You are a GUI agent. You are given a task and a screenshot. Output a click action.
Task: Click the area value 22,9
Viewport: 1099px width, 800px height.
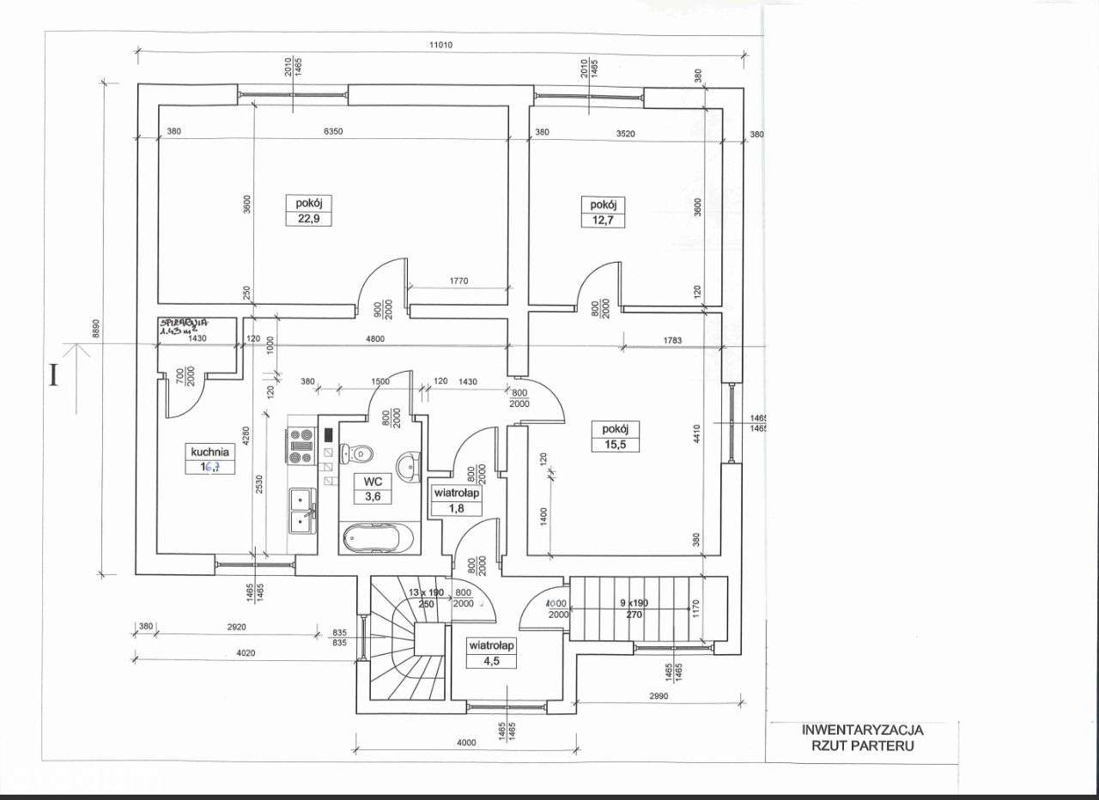point(308,219)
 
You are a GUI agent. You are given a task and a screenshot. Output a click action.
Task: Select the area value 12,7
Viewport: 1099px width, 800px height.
point(602,221)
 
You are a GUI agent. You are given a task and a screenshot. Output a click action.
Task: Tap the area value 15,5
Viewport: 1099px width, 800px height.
point(616,445)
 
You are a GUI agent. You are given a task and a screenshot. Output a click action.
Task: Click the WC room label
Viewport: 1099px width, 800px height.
point(372,482)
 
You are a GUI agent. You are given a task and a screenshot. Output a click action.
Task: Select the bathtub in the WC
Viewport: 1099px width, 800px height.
point(378,538)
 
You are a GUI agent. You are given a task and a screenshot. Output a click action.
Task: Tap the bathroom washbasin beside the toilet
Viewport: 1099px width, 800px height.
point(406,464)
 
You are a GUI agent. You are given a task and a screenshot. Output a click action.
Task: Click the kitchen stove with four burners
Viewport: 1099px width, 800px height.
point(301,445)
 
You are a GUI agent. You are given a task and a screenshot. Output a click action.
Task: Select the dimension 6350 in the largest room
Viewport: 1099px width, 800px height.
point(333,132)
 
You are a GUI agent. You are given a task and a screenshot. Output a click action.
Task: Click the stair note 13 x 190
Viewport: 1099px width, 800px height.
point(426,593)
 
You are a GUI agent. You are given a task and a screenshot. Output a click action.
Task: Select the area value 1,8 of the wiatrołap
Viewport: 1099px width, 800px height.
point(456,509)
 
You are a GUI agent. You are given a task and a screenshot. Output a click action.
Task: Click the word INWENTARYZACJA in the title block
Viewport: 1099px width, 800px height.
point(862,730)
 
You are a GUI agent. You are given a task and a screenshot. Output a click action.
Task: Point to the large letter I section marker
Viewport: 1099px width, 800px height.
point(54,376)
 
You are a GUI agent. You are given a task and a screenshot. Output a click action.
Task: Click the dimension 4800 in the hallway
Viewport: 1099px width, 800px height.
point(373,338)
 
